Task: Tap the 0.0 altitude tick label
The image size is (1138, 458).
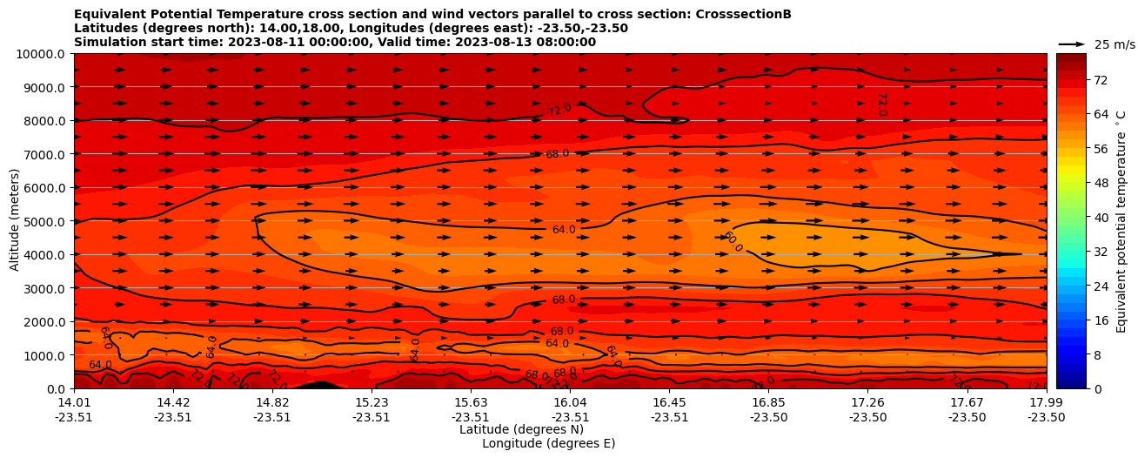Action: coord(57,388)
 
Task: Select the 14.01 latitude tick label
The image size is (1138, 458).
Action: coord(74,401)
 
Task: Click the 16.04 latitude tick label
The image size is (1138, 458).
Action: coord(570,401)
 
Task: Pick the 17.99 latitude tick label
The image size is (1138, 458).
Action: coord(1046,401)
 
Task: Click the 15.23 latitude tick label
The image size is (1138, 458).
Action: coord(372,401)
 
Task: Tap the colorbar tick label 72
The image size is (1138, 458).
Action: coord(1100,80)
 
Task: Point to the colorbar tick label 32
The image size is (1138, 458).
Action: coord(1100,252)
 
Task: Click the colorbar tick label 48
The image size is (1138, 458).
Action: coord(1100,183)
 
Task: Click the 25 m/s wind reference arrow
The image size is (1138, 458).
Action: coord(1072,44)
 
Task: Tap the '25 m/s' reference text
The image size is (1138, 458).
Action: coord(1115,44)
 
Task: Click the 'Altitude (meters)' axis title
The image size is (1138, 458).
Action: coord(15,221)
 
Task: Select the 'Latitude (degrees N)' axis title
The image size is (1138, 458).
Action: coord(521,429)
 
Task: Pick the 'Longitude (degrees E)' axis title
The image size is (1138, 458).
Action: coord(548,443)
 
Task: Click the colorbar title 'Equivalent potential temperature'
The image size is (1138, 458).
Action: coord(1121,221)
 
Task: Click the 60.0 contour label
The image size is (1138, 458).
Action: coord(733,242)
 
